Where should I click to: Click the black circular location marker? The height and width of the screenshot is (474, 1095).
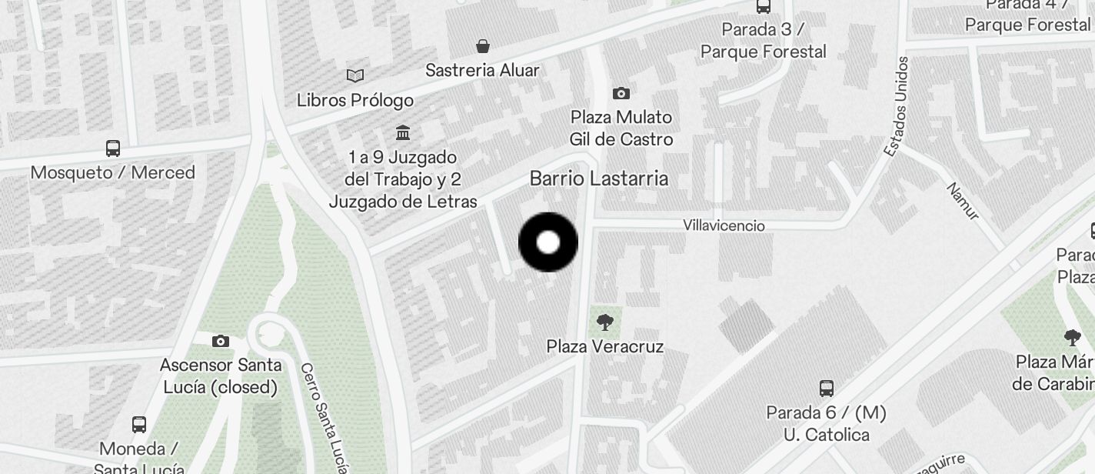click(548, 242)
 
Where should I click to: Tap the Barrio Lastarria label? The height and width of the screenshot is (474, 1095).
click(599, 179)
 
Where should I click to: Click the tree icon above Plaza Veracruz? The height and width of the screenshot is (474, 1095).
click(605, 322)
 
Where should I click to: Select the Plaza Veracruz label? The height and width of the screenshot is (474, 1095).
click(604, 346)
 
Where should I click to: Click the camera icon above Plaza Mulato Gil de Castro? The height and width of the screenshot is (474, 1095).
click(621, 94)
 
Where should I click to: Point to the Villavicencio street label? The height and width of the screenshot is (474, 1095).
click(724, 225)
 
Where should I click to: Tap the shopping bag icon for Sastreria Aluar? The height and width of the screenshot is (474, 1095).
click(483, 46)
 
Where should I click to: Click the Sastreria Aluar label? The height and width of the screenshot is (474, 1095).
click(483, 70)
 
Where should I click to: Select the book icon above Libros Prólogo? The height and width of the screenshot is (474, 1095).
click(355, 75)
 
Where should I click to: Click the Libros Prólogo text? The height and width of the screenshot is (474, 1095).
click(355, 100)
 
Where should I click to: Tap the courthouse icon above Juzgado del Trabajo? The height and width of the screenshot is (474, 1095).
click(403, 132)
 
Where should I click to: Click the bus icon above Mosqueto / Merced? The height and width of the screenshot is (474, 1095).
click(113, 148)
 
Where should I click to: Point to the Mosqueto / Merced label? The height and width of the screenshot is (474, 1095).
click(113, 172)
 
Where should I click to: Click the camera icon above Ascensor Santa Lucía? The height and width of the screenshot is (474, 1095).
click(221, 340)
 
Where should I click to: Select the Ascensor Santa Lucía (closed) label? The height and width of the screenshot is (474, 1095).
click(221, 376)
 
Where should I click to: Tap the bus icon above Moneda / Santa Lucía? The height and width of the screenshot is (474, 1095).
click(139, 424)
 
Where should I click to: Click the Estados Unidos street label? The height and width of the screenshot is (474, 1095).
click(897, 106)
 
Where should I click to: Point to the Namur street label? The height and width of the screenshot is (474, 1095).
click(963, 202)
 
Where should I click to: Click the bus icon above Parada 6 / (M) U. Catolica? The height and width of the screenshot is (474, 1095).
click(827, 388)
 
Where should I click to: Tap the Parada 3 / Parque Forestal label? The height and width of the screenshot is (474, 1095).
click(763, 41)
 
